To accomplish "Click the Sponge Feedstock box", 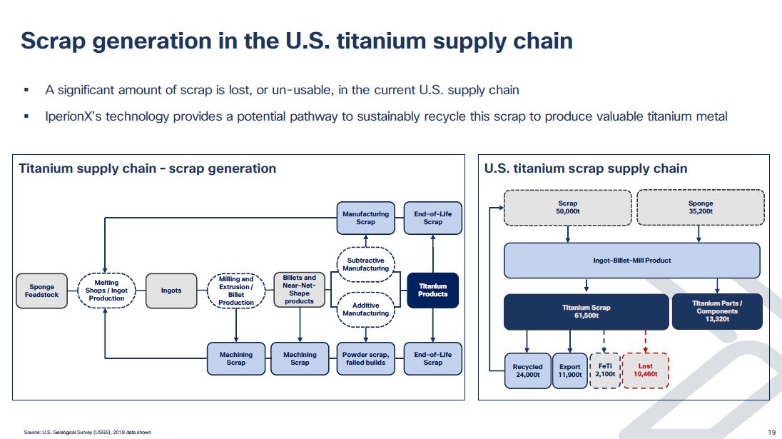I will pyautogui.click(x=41, y=291).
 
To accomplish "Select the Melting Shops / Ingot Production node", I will pyautogui.click(x=106, y=291).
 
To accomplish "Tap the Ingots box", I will pyautogui.click(x=171, y=291).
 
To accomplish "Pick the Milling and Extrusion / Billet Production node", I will pyautogui.click(x=236, y=291).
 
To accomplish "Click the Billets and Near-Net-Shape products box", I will pyautogui.click(x=300, y=289).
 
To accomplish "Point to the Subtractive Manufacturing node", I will pyautogui.click(x=365, y=264).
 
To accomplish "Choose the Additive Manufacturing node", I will pyautogui.click(x=365, y=309).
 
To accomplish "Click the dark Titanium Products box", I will pyautogui.click(x=432, y=291).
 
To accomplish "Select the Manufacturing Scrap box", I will pyautogui.click(x=365, y=218).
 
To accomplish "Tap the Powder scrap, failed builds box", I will pyautogui.click(x=365, y=358).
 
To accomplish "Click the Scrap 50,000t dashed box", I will pyautogui.click(x=567, y=207).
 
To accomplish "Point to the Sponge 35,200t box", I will pyautogui.click(x=700, y=207).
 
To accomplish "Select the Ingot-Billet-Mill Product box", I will pyautogui.click(x=631, y=261).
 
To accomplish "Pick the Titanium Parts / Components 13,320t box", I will pyautogui.click(x=716, y=312).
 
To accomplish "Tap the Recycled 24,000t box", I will pyautogui.click(x=527, y=370).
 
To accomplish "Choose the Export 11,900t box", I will pyautogui.click(x=569, y=370).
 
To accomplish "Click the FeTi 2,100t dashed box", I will pyautogui.click(x=604, y=370).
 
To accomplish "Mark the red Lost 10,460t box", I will pyautogui.click(x=644, y=370).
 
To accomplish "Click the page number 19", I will pyautogui.click(x=771, y=432).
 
